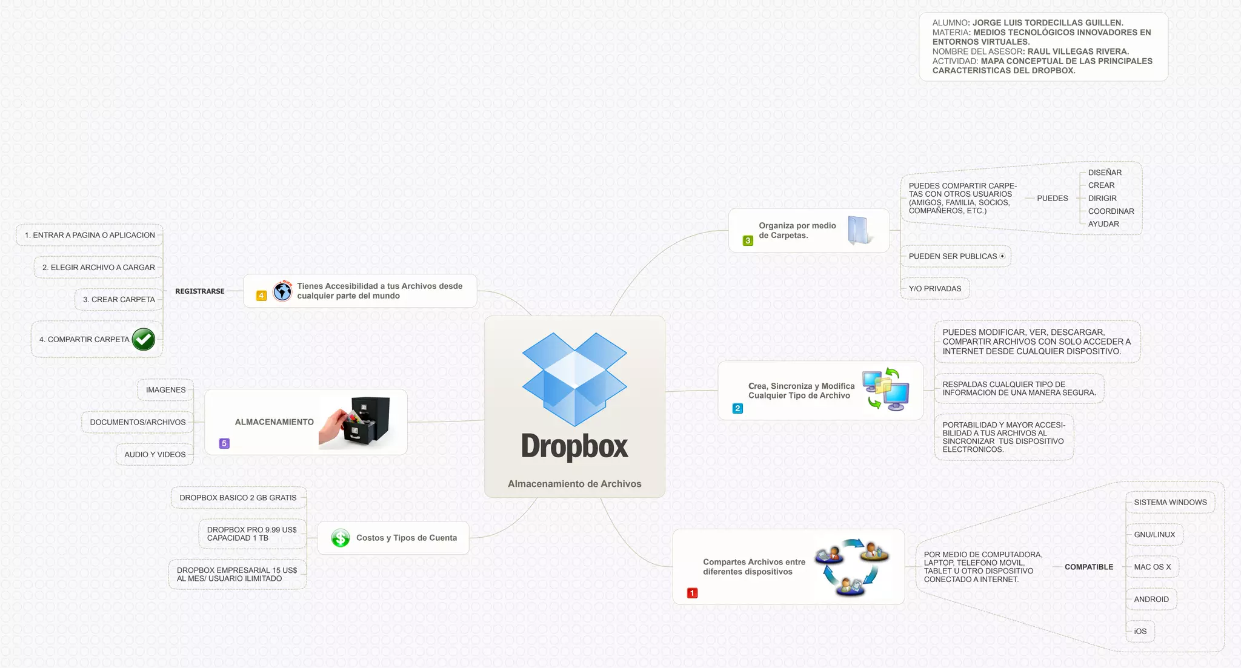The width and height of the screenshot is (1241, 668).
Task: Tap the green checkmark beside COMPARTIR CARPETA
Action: [x=144, y=340]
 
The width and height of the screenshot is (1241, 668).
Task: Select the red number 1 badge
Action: [x=692, y=593]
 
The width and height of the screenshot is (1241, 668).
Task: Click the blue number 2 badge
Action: [x=737, y=408]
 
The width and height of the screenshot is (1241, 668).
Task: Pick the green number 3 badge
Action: [x=748, y=240]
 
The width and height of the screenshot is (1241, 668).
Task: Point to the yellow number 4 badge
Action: [x=261, y=296]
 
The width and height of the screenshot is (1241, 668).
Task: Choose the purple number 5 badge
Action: [x=224, y=443]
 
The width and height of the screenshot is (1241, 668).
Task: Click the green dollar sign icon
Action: [x=341, y=538]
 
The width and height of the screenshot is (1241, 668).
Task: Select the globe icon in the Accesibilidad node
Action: [x=282, y=291]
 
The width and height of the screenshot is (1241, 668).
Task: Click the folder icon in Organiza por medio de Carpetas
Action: [x=859, y=230]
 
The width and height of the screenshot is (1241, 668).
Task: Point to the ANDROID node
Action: [x=1151, y=600]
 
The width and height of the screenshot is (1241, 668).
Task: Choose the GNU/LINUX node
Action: [x=1154, y=535]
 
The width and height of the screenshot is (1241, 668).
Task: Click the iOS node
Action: [x=1140, y=632]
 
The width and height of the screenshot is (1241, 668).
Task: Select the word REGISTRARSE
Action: [x=199, y=291]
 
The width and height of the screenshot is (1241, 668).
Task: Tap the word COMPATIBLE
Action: [x=1089, y=567]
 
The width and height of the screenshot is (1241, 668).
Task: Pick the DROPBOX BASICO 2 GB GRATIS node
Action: [x=238, y=498]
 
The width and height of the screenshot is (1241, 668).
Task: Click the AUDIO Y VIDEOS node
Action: [x=155, y=455]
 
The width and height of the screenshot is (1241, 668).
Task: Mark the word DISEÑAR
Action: [x=1105, y=173]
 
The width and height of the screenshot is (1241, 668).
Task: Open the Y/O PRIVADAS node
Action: [x=935, y=289]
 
